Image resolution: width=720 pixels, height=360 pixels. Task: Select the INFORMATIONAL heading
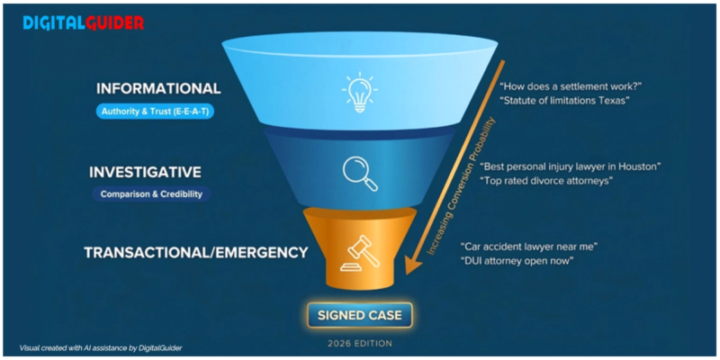point(157,88)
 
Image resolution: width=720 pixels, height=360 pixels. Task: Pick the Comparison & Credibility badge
point(149,193)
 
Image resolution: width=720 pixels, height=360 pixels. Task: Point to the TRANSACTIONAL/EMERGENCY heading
point(196,252)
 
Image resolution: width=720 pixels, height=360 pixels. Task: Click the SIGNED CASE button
point(359,315)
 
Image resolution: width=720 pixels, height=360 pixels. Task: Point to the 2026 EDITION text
point(359,343)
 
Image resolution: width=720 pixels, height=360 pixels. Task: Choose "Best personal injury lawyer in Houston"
point(571,167)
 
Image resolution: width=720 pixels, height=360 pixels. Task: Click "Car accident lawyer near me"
point(529,246)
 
